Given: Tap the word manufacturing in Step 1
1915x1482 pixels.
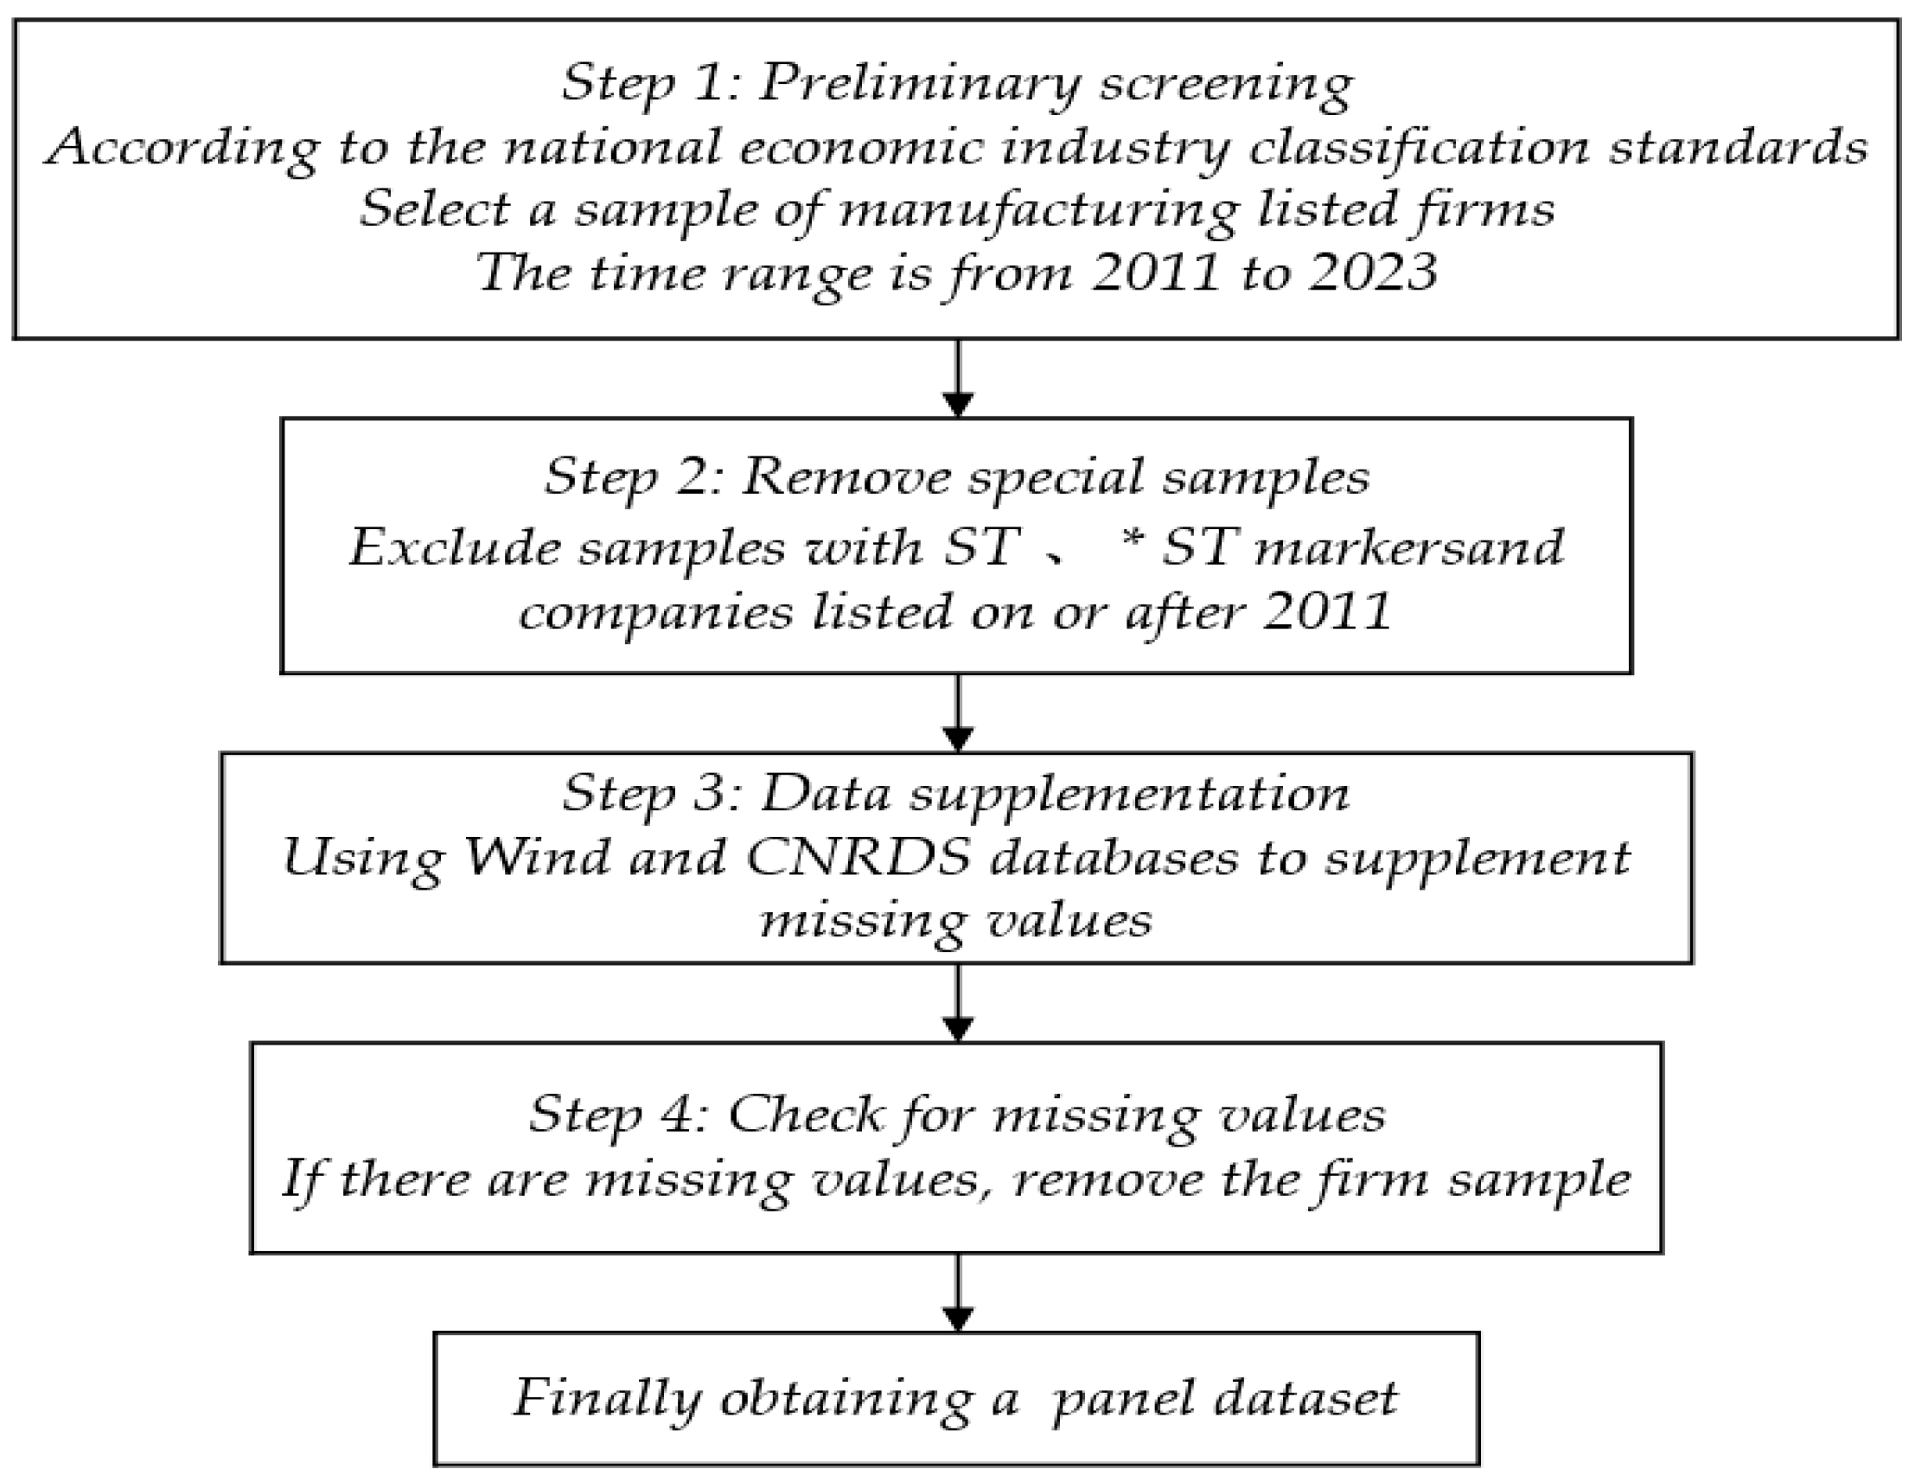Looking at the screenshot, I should [x=1039, y=210].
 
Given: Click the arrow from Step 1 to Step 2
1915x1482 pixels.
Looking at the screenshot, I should [x=958, y=378].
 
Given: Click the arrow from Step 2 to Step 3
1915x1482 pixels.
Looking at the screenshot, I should [x=958, y=712].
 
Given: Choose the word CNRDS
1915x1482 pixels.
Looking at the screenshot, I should [x=859, y=857].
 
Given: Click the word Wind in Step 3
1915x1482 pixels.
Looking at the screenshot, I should [x=537, y=857].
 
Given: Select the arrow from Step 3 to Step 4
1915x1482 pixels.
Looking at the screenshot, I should [x=958, y=1002].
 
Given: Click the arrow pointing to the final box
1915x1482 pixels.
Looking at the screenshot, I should [x=958, y=1293].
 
